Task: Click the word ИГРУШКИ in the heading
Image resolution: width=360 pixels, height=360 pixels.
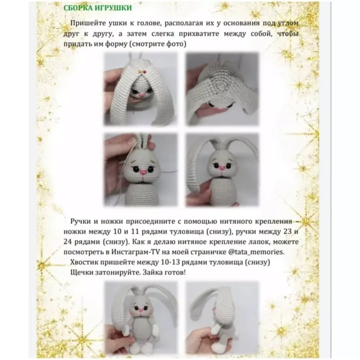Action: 112,8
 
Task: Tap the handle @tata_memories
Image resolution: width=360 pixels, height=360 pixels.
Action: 256,252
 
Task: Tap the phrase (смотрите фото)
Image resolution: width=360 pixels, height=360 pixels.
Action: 158,44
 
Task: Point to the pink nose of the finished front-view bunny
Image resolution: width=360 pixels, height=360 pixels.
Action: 140,310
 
